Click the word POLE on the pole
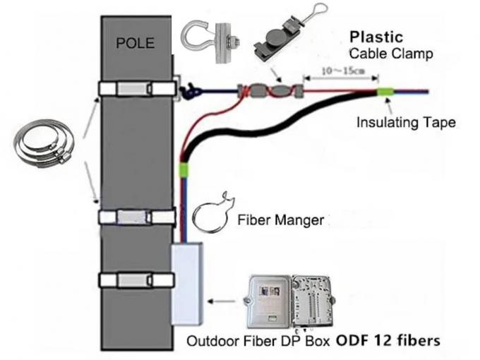click(x=135, y=44)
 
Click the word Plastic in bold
click(x=377, y=37)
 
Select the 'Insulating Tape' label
click(x=406, y=122)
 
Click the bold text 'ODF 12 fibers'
click(x=388, y=340)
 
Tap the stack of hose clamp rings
click(x=42, y=145)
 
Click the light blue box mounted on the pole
click(x=190, y=279)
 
